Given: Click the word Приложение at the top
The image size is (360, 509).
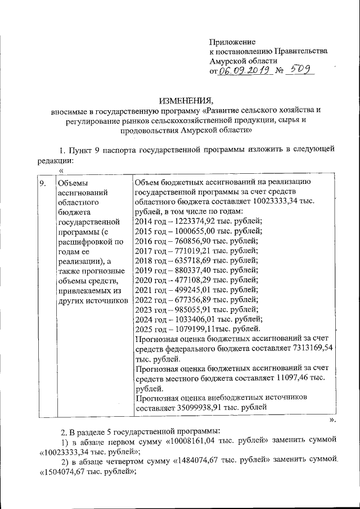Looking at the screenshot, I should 232,42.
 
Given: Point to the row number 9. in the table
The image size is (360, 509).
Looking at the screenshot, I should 42,183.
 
